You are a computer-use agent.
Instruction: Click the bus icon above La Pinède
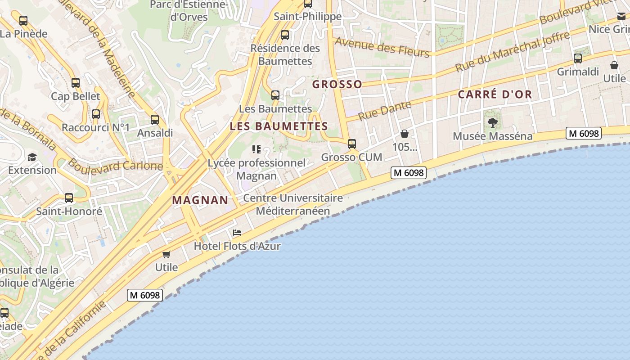pyautogui.click(x=23, y=20)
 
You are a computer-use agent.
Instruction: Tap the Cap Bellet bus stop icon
pyautogui.click(x=76, y=83)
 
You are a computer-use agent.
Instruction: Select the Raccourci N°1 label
pyautogui.click(x=95, y=127)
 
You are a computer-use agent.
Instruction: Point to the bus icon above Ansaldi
pyautogui.click(x=155, y=120)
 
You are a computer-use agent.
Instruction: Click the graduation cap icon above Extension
pyautogui.click(x=32, y=157)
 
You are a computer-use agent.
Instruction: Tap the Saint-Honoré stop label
pyautogui.click(x=69, y=211)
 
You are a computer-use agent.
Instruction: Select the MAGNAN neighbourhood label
pyautogui.click(x=200, y=200)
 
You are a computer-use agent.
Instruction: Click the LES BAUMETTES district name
pyautogui.click(x=279, y=126)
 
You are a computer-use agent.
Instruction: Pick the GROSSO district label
pyautogui.click(x=337, y=84)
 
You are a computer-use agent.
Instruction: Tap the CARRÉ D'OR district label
pyautogui.click(x=495, y=94)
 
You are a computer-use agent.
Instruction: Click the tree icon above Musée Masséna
pyautogui.click(x=493, y=122)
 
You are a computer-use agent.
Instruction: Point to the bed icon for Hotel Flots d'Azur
pyautogui.click(x=237, y=233)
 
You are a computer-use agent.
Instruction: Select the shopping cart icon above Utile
pyautogui.click(x=166, y=254)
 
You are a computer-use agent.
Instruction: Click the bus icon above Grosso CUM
pyautogui.click(x=351, y=144)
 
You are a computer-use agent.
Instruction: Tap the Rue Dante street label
pyautogui.click(x=385, y=111)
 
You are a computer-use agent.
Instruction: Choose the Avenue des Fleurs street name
pyautogui.click(x=382, y=47)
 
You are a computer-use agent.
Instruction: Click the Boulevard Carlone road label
pyautogui.click(x=115, y=166)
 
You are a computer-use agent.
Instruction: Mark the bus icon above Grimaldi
pyautogui.click(x=578, y=58)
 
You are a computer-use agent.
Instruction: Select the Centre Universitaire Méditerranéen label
pyautogui.click(x=293, y=204)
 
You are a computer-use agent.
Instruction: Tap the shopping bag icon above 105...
pyautogui.click(x=405, y=134)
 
